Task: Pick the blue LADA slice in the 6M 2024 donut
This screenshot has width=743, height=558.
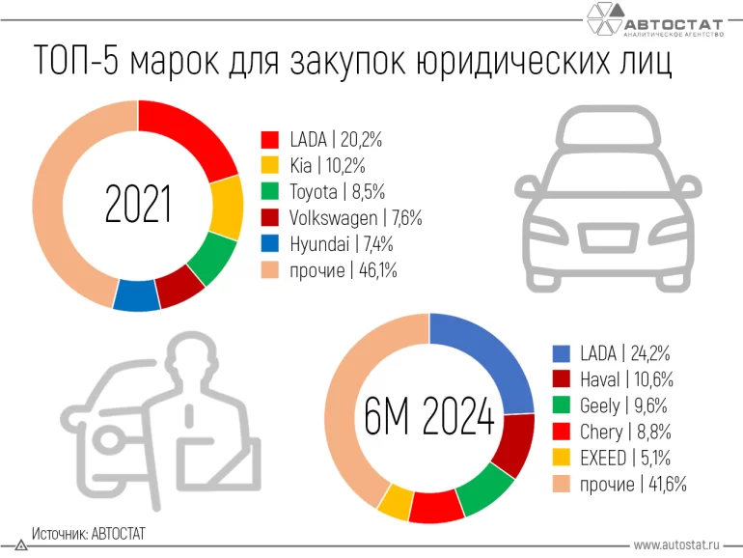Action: tap(488, 357)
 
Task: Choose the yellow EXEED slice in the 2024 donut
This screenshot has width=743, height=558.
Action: tap(396, 502)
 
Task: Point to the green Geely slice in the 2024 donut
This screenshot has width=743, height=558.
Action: tap(484, 491)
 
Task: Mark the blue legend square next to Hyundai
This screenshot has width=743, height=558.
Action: tap(270, 245)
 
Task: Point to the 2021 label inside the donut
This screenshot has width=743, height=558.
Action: tap(137, 206)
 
